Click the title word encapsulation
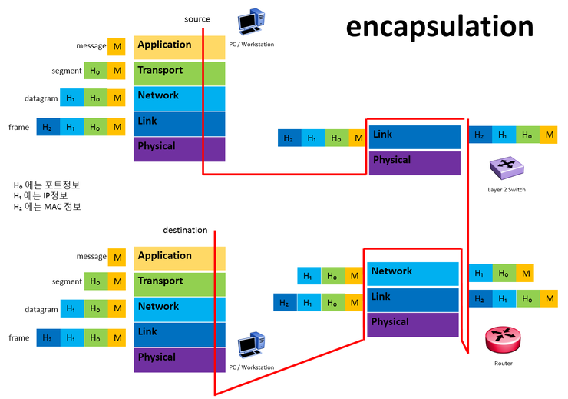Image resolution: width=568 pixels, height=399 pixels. coord(439,26)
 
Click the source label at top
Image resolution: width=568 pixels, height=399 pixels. coord(197,18)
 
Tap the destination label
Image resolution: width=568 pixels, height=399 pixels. coord(185,230)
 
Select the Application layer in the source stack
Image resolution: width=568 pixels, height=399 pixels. coord(179,46)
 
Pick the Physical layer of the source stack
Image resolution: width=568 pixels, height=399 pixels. coord(179,148)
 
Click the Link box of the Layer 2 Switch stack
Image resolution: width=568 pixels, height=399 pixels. coord(414,136)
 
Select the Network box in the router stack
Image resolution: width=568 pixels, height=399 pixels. coord(413,273)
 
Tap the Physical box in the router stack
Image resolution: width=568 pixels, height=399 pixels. coord(413,324)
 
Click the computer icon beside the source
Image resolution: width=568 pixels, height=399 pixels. coord(250,25)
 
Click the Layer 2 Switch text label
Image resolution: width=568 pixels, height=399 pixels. coord(506,188)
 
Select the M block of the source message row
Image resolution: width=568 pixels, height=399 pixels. coord(116,46)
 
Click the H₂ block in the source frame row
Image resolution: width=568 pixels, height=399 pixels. coord(48,127)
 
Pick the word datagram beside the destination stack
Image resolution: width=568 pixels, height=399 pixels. coord(41,310)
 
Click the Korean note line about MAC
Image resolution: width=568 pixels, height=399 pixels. coord(48,207)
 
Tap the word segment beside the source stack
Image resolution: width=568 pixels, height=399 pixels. coord(67,71)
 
